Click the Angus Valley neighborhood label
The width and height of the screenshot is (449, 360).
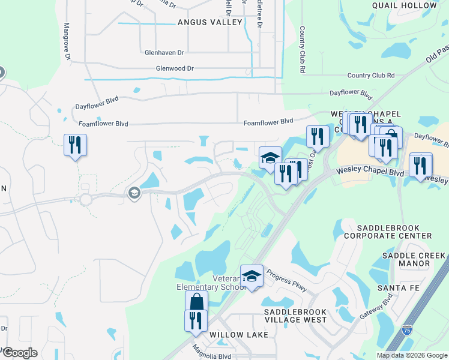coord(209,22)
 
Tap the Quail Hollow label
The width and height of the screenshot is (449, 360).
coord(413,5)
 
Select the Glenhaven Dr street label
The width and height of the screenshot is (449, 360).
coord(164,52)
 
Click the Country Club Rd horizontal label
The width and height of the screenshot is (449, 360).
coord(371,76)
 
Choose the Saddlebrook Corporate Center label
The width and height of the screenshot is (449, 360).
coord(394,232)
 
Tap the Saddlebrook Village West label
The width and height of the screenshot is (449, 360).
coord(296,316)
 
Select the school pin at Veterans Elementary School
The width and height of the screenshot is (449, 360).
coord(252,276)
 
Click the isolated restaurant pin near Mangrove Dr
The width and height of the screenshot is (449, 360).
coord(75,145)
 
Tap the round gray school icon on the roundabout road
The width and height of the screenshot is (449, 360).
coord(133,193)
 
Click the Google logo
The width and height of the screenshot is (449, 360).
coord(19,353)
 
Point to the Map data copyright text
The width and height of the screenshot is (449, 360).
coord(412,355)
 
